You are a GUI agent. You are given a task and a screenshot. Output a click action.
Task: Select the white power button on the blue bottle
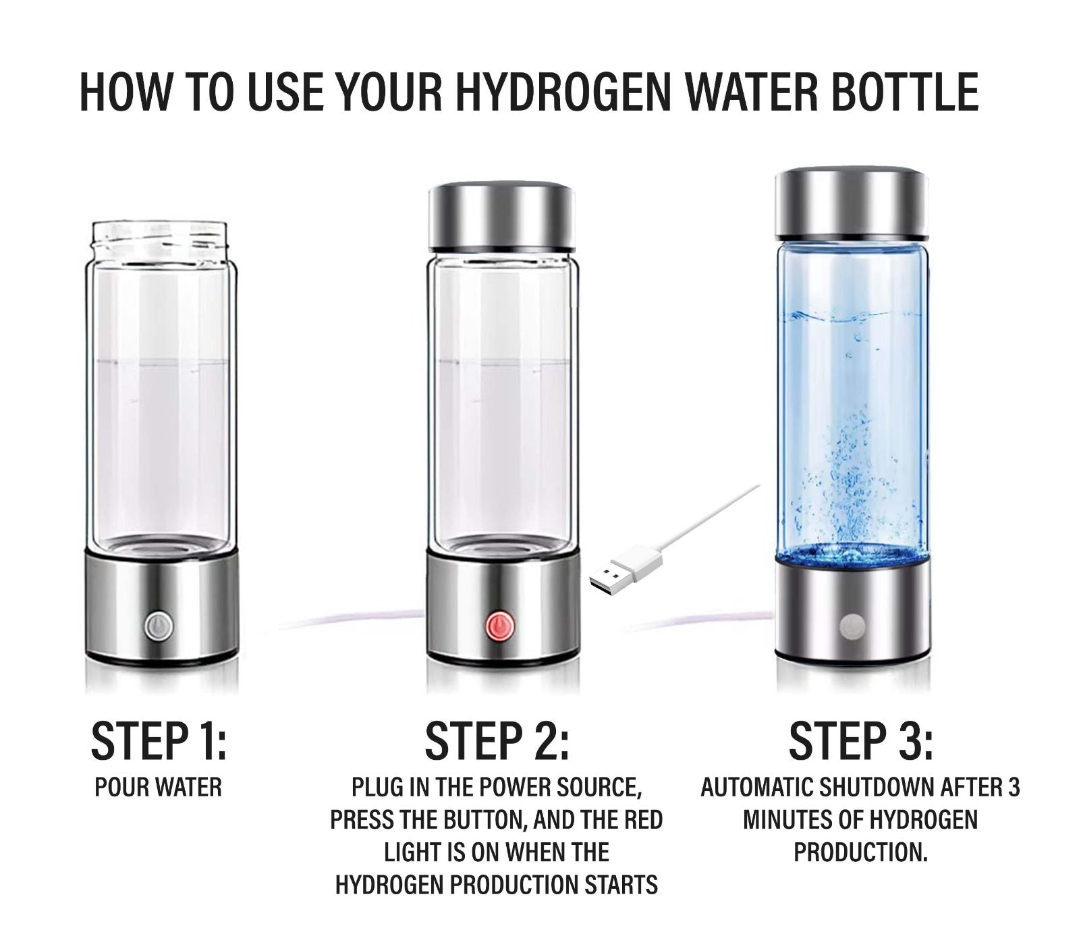852,625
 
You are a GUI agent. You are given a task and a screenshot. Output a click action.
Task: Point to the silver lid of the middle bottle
501,217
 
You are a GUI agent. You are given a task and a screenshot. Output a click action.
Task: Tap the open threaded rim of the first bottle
160,240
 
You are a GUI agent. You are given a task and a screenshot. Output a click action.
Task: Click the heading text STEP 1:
159,740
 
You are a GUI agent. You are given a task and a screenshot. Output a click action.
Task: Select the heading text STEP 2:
497,740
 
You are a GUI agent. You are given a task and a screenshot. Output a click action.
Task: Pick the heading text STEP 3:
861,740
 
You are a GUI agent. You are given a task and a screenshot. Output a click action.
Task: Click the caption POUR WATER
158,787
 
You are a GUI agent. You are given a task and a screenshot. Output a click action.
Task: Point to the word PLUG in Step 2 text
375,787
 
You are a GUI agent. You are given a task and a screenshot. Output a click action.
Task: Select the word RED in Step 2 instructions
641,819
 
